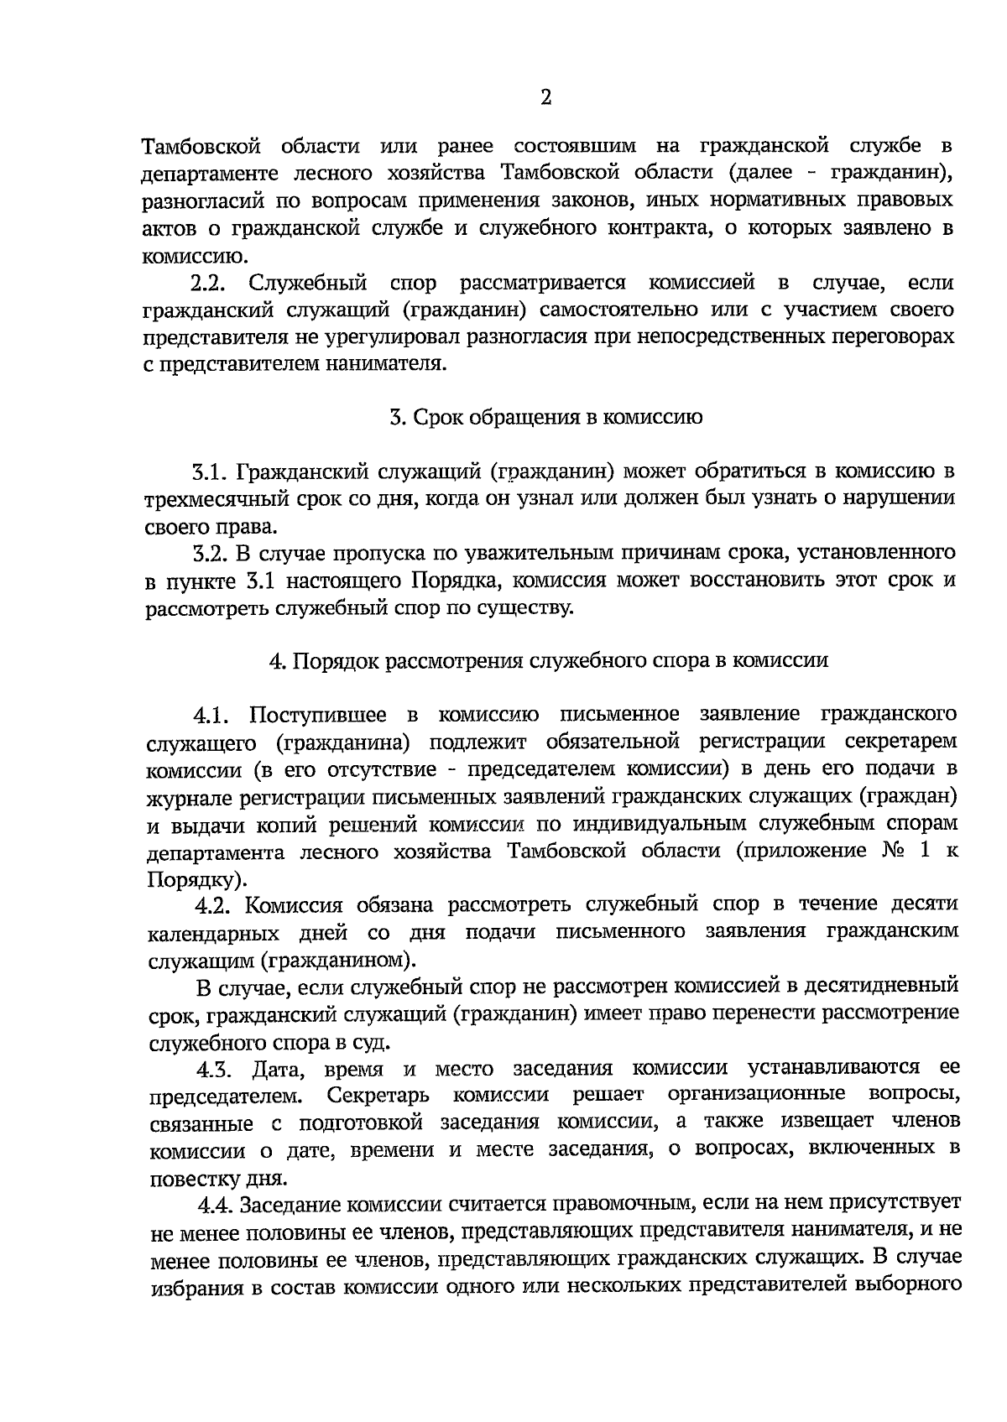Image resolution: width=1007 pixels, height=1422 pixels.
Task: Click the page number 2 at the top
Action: (545, 98)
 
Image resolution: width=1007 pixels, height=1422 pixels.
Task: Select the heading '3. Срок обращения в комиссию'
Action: (546, 417)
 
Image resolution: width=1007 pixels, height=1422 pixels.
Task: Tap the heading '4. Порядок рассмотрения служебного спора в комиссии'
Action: (548, 660)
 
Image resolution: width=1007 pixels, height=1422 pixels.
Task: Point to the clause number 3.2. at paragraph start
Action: (210, 553)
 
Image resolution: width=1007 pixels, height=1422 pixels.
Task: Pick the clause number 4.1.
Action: (211, 715)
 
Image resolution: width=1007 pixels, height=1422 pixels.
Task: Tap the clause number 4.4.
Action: (217, 1206)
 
